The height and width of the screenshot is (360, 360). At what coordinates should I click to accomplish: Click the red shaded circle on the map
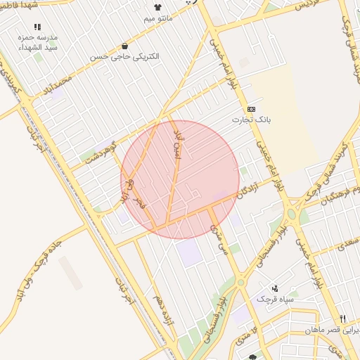(x=180, y=179)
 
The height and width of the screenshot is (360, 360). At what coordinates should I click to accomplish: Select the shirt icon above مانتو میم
(x=157, y=6)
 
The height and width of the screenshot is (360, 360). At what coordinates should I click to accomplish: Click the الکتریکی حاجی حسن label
(x=125, y=56)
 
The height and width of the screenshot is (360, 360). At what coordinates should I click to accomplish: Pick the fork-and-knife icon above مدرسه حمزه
(x=37, y=27)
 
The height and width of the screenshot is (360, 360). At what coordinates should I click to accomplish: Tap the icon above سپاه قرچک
(x=275, y=288)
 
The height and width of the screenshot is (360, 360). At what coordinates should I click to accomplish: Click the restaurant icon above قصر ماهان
(x=342, y=318)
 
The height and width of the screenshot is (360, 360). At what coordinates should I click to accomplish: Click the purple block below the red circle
(x=189, y=253)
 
